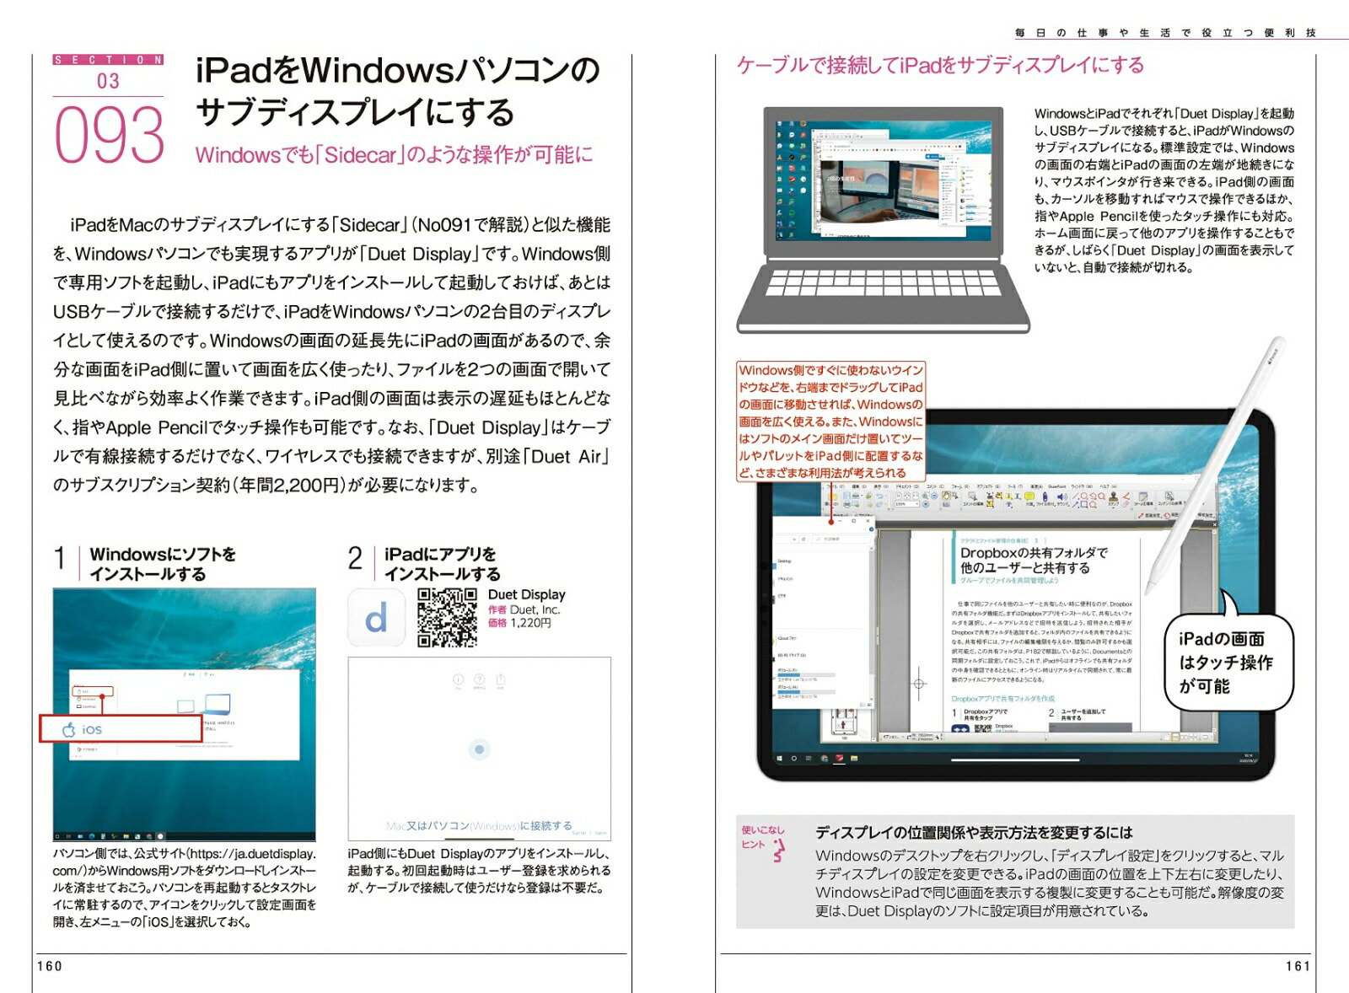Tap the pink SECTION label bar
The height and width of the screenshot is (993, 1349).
click(108, 60)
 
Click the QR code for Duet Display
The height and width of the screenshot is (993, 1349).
click(447, 617)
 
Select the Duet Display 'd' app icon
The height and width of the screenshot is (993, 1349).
click(376, 618)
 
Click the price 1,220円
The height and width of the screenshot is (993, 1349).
click(530, 624)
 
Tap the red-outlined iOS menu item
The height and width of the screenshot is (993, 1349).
click(121, 729)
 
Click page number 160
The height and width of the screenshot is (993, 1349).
click(50, 966)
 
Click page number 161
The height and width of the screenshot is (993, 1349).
click(1298, 966)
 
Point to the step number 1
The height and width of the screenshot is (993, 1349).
click(60, 559)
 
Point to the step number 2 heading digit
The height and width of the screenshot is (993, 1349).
click(355, 559)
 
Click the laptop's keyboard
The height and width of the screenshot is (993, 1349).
click(883, 283)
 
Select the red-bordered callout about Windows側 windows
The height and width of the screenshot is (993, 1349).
click(830, 421)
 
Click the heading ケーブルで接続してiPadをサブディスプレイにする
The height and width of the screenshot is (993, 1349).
click(940, 65)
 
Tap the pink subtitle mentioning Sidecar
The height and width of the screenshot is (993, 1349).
click(394, 155)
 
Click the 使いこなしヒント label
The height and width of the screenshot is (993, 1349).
click(762, 839)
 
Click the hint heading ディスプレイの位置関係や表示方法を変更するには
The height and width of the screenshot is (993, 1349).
click(974, 833)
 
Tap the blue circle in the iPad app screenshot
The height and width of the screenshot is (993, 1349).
click(479, 749)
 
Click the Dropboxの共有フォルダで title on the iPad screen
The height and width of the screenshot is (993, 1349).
click(1033, 553)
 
